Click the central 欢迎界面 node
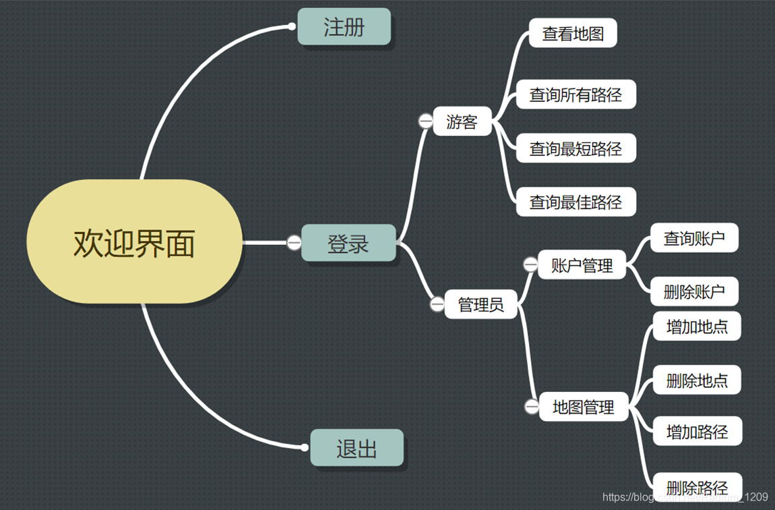coord(134,242)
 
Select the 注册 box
coord(344,27)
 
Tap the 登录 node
coord(348,243)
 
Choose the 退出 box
coord(356,448)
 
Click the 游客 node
coord(462,121)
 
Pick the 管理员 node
coord(480,304)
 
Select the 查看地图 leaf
coord(573,33)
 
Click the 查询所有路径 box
coord(576,94)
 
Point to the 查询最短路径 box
coord(576,148)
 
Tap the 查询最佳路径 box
coord(576,202)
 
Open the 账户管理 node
coord(582,265)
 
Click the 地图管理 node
coord(584,407)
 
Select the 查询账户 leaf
coord(694,238)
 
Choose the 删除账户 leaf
coord(694,291)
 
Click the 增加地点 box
coord(697,327)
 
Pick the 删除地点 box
coord(697,380)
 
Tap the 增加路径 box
coord(697,431)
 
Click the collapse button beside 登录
coord(294,243)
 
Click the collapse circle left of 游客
coord(426,121)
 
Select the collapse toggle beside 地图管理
coord(532,407)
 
